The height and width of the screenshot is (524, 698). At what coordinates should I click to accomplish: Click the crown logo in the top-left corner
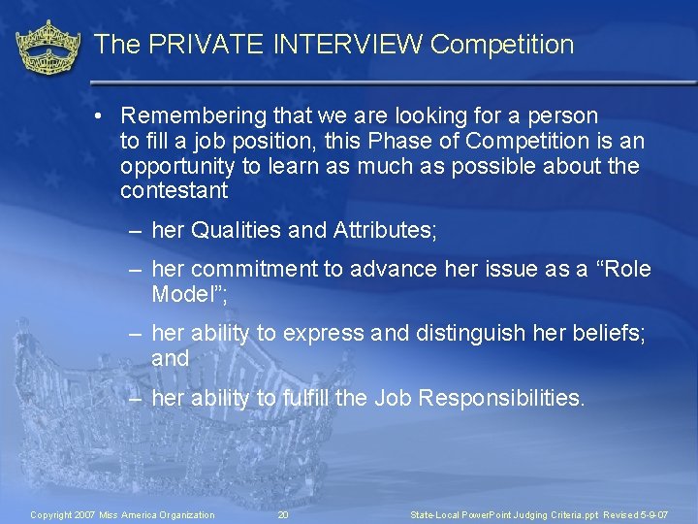pyautogui.click(x=48, y=49)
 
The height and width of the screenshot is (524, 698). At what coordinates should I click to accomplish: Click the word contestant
pyautogui.click(x=174, y=190)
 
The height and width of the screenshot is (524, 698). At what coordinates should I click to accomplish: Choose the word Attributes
pyautogui.click(x=384, y=231)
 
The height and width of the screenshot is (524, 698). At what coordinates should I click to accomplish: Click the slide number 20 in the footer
pyautogui.click(x=283, y=514)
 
